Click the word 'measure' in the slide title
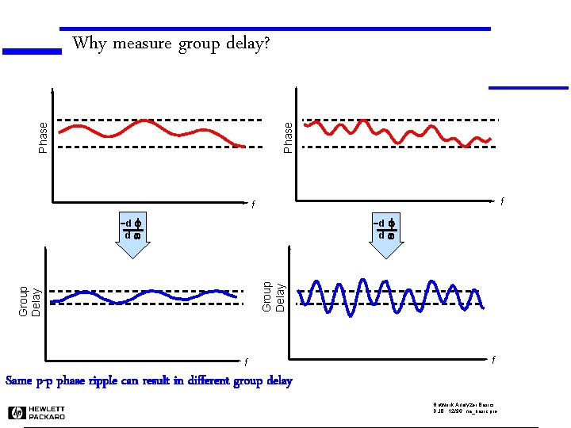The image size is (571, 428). (143, 44)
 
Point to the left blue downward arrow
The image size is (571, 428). (132, 247)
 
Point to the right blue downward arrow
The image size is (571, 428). (386, 247)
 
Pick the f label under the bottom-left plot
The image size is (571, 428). (246, 363)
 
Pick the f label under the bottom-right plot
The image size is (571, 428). (493, 361)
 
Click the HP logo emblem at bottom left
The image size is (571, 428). (16, 412)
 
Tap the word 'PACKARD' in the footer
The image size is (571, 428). (47, 416)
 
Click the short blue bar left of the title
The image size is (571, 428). (32, 52)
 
